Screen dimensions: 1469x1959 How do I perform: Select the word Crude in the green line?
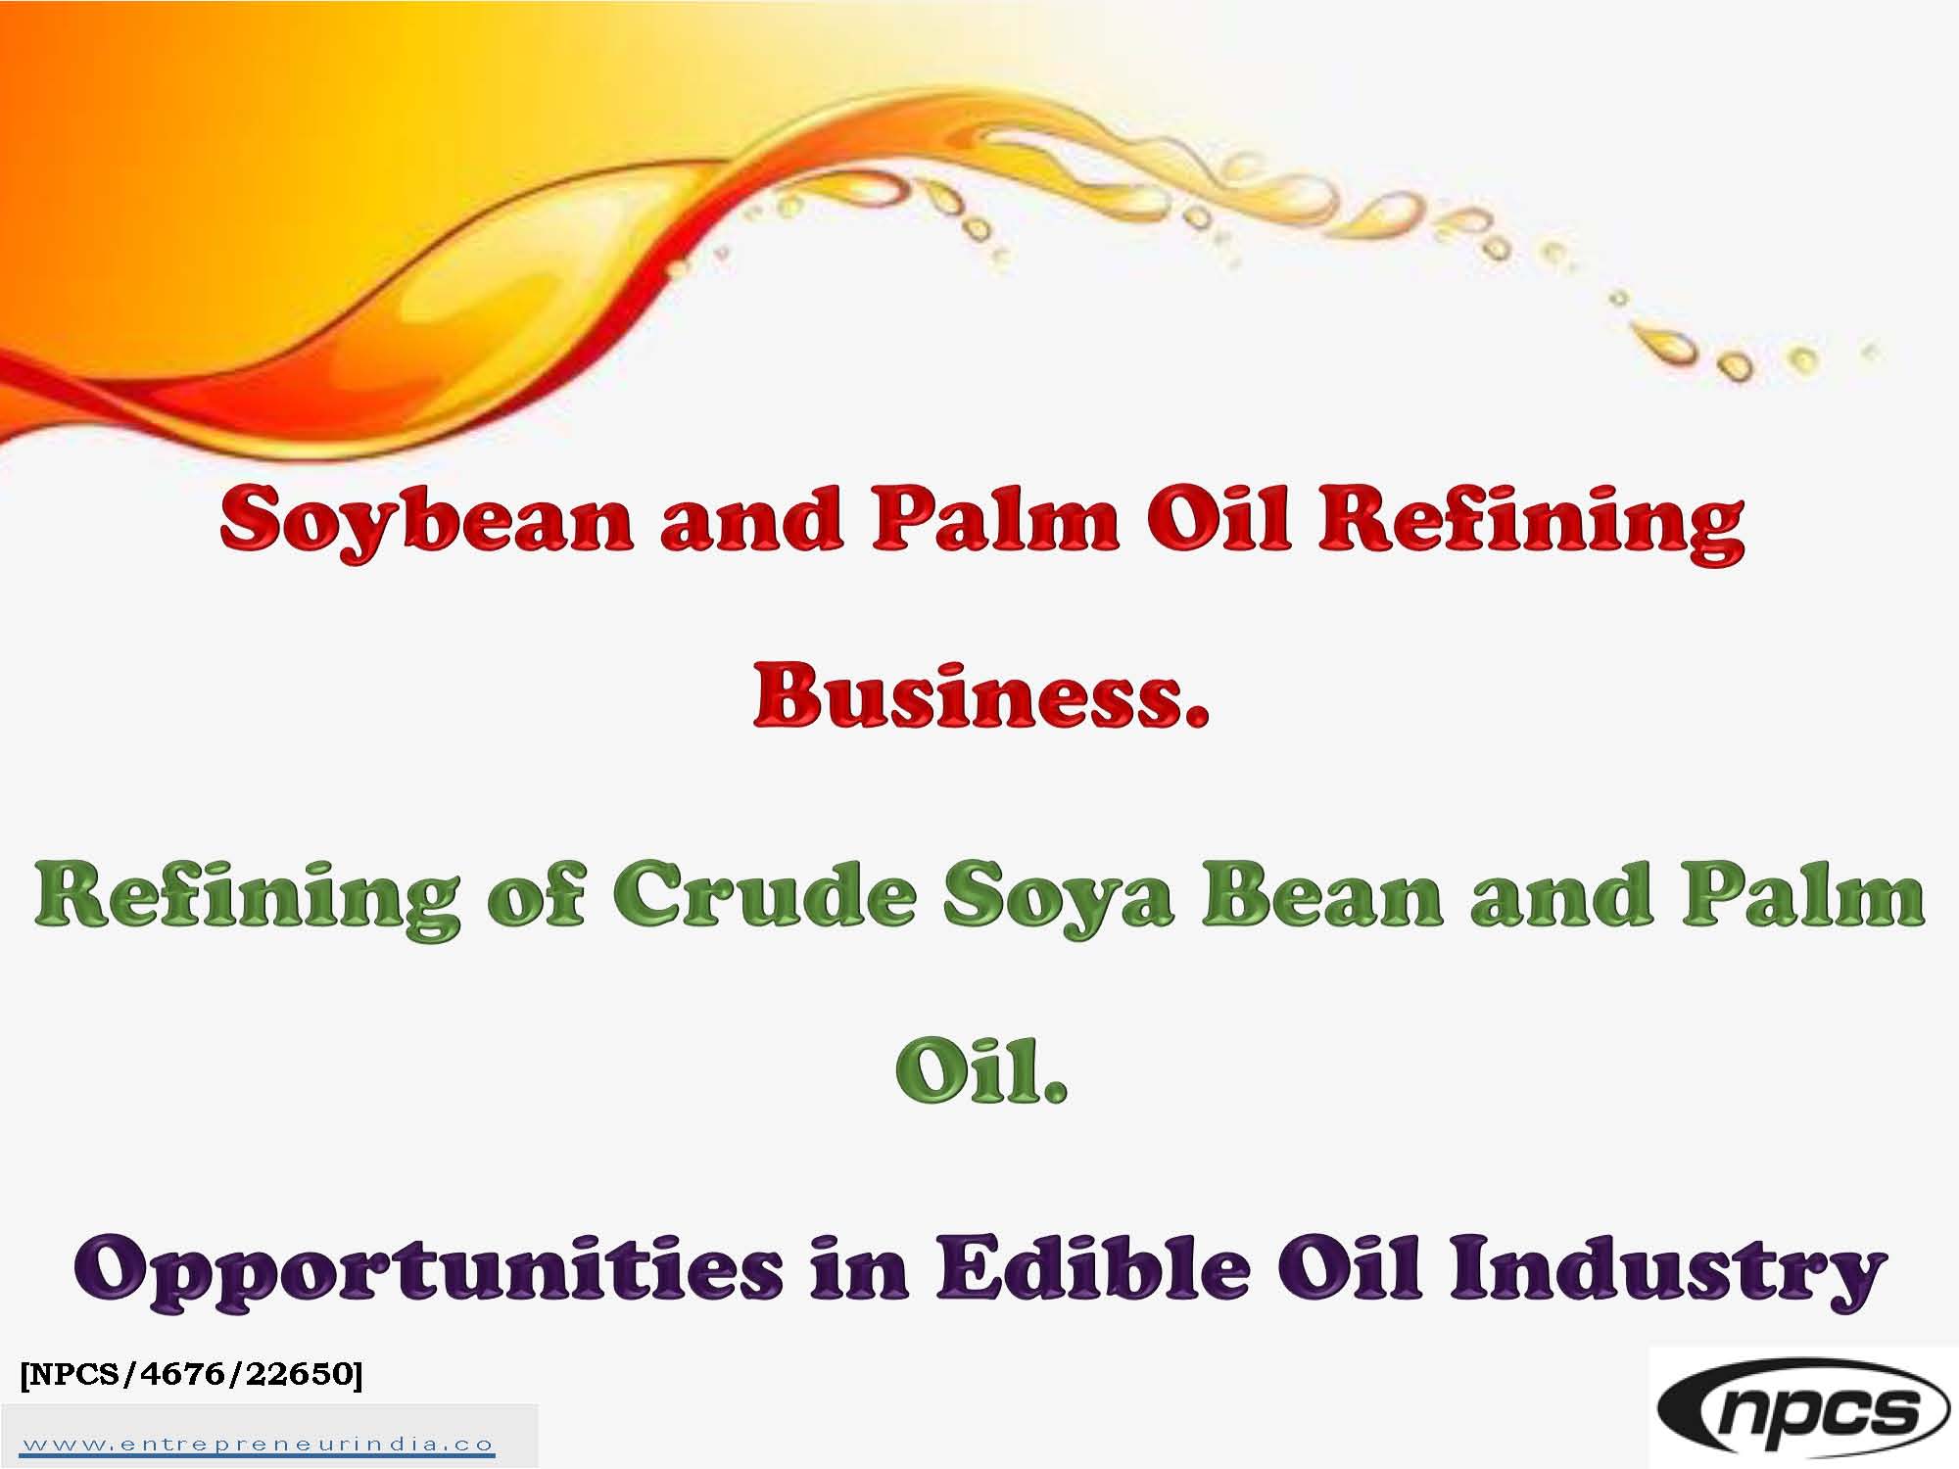click(x=764, y=898)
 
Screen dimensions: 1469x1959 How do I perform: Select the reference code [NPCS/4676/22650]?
click(x=191, y=1374)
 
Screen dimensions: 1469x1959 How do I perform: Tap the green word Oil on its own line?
click(x=980, y=1074)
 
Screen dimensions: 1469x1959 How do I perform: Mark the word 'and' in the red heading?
click(x=750, y=520)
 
